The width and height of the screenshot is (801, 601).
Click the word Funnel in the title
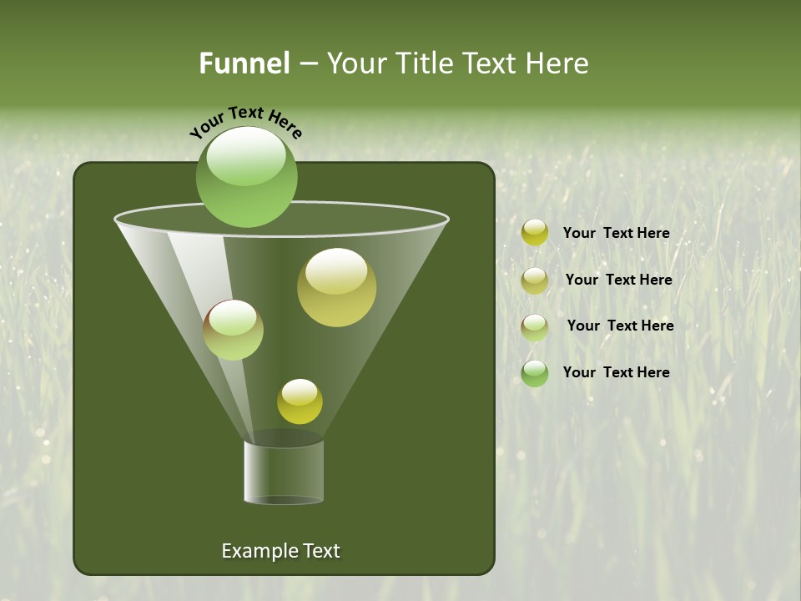(x=244, y=63)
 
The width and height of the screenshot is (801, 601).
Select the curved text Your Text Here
(x=245, y=122)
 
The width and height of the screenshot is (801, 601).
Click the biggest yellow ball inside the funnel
(x=336, y=287)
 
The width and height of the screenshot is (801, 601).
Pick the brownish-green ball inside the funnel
(x=233, y=330)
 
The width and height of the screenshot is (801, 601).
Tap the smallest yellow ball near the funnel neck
(x=300, y=402)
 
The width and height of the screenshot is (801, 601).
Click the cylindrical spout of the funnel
(x=284, y=472)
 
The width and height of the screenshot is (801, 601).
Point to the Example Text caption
(x=280, y=551)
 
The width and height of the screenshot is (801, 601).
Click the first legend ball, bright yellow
(x=534, y=233)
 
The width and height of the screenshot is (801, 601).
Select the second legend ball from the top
(x=534, y=280)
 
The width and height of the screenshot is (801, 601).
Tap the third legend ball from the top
(x=534, y=326)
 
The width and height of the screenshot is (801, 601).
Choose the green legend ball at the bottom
(x=534, y=373)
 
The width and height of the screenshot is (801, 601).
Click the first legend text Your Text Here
(x=616, y=233)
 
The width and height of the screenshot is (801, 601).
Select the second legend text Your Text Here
(x=618, y=280)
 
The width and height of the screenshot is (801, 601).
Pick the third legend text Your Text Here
(x=620, y=326)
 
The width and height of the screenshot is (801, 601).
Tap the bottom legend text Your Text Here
(x=616, y=372)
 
